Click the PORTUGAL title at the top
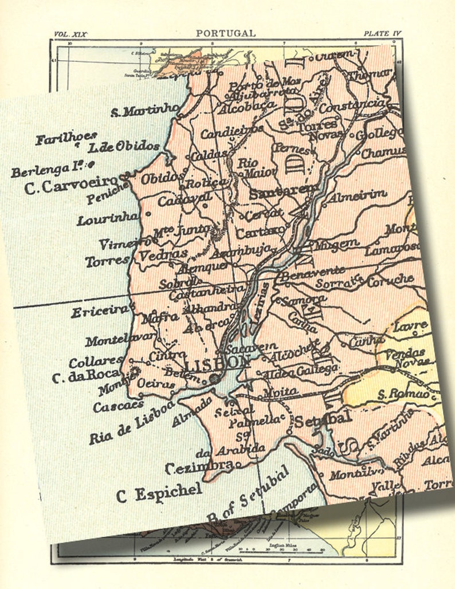click(226, 33)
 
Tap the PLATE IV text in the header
click(382, 34)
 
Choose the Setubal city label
click(322, 419)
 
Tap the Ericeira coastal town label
click(99, 311)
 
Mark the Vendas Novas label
click(409, 357)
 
